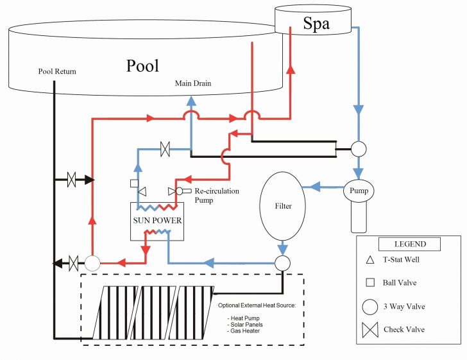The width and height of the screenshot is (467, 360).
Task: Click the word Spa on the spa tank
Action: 316,24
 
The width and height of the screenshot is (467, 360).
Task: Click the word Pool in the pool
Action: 142,65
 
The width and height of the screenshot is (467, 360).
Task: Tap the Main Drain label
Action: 193,83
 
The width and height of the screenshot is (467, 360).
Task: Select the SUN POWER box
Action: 157,221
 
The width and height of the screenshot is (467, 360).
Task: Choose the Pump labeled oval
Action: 358,191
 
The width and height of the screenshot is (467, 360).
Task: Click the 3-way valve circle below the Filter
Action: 282,262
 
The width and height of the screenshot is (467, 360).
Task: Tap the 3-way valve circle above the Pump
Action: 358,149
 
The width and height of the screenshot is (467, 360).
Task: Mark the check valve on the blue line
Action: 165,151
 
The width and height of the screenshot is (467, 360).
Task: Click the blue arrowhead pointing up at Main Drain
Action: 191,100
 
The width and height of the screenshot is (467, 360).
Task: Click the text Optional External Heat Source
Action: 257,305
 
